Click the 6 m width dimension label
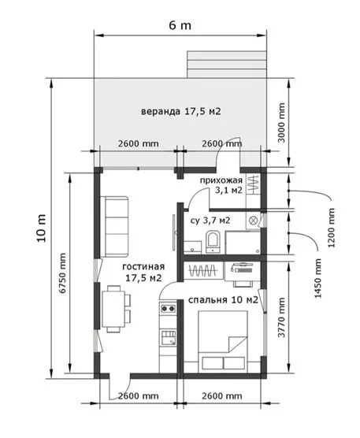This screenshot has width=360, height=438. [x=180, y=25]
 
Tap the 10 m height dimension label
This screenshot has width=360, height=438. [x=41, y=228]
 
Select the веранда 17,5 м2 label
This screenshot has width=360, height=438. [x=181, y=111]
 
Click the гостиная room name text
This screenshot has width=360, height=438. [x=143, y=266]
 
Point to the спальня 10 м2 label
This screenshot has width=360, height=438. [x=223, y=300]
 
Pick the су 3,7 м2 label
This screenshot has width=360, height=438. [x=210, y=221]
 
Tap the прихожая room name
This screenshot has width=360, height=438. [x=221, y=180]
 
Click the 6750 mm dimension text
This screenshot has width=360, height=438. [x=63, y=273]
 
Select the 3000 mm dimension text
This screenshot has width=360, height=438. [x=282, y=123]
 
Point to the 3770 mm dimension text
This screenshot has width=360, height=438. [x=282, y=317]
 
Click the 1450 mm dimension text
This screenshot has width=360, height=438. [x=317, y=278]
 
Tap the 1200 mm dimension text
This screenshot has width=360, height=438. [x=331, y=228]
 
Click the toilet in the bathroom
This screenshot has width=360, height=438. [x=213, y=242]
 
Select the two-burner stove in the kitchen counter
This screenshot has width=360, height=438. [x=168, y=308]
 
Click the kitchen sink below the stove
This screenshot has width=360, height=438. [x=168, y=338]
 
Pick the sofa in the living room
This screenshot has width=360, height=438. [x=114, y=227]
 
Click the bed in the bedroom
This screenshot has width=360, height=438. [x=223, y=341]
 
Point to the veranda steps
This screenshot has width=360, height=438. [x=227, y=65]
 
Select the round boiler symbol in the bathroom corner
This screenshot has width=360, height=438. [x=254, y=221]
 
